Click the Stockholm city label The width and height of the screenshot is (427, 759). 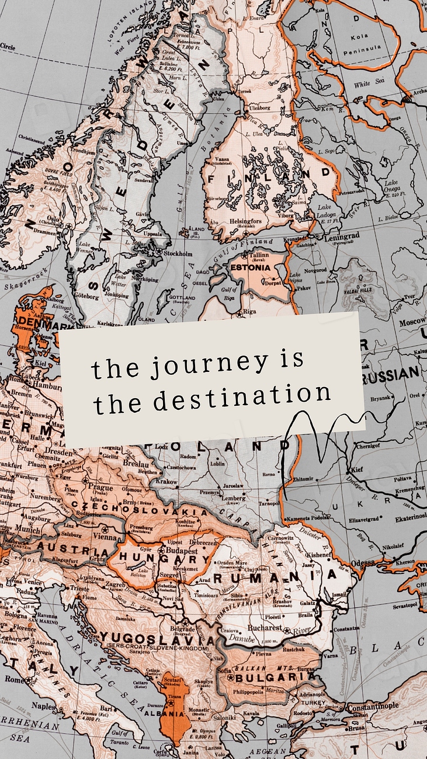click(178, 254)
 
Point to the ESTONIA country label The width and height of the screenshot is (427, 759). click(251, 268)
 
